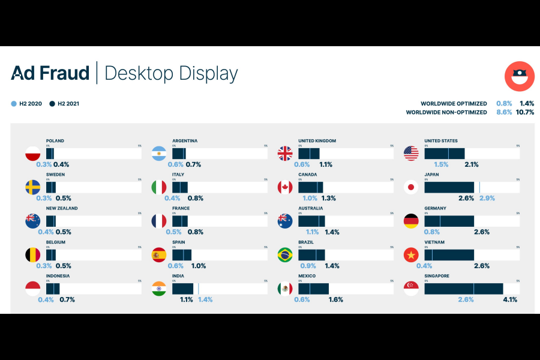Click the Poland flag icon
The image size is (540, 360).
(x=32, y=154)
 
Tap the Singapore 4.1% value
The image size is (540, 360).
(x=509, y=299)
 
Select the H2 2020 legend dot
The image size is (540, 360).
(x=14, y=104)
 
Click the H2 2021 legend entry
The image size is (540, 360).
(x=65, y=104)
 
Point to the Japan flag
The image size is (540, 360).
(x=411, y=187)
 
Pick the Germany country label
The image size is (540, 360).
(x=435, y=209)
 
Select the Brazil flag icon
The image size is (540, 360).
(x=285, y=255)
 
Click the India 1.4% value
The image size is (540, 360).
(x=205, y=299)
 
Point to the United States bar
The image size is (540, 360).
(x=445, y=154)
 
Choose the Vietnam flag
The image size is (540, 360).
(x=411, y=255)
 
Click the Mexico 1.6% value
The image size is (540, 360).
(x=335, y=299)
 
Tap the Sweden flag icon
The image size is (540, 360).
(x=32, y=187)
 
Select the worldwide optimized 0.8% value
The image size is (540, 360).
(x=504, y=104)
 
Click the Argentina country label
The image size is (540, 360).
(x=185, y=141)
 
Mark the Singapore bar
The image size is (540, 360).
(x=464, y=289)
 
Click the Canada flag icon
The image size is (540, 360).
(x=285, y=187)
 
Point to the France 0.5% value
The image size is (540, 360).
(x=174, y=232)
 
